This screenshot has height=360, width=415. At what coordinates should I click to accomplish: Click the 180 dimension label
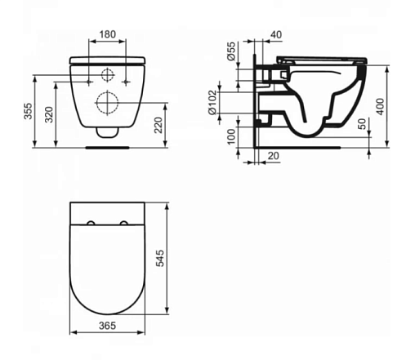click(108, 34)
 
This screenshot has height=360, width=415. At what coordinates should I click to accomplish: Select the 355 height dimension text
click(28, 111)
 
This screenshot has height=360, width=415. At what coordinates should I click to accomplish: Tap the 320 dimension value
click(49, 114)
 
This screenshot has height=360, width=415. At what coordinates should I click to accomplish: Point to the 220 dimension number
click(158, 125)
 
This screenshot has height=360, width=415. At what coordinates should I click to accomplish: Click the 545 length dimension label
click(160, 258)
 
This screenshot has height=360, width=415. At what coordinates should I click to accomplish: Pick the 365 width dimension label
click(107, 326)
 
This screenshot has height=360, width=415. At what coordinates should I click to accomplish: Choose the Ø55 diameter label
click(231, 51)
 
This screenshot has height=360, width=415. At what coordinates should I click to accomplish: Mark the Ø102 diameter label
click(212, 103)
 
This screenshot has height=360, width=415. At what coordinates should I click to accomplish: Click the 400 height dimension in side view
click(381, 106)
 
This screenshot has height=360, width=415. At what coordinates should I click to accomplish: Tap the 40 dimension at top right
click(276, 35)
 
